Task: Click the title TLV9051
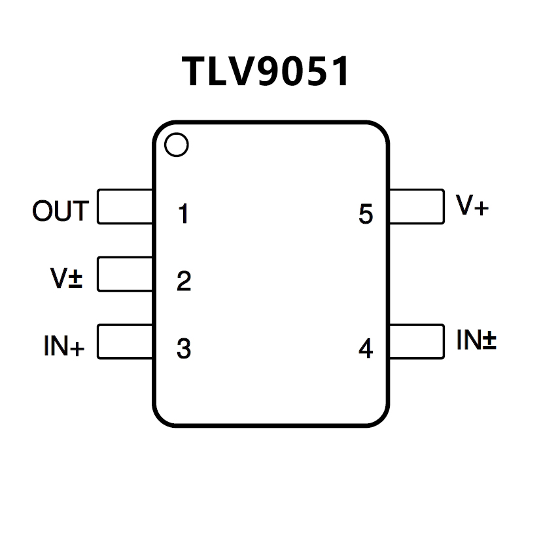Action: (266, 71)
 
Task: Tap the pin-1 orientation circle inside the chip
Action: (177, 145)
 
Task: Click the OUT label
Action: (60, 211)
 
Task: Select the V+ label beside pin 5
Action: (472, 206)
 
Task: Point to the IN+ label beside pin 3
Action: (64, 345)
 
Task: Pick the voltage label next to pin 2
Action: (67, 279)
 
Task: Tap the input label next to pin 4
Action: (476, 340)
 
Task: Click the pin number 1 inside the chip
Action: (184, 214)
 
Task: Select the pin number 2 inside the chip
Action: (184, 281)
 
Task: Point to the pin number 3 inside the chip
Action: (184, 349)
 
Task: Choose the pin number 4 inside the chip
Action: (366, 349)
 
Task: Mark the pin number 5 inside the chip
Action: (366, 214)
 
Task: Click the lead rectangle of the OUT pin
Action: (125, 207)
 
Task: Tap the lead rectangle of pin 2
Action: (125, 274)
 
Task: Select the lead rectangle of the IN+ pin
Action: (125, 341)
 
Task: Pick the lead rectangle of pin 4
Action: (416, 341)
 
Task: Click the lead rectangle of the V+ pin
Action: (416, 207)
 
